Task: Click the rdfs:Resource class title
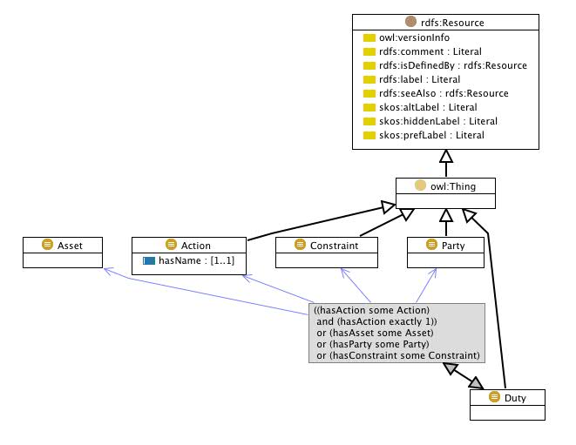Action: click(x=454, y=23)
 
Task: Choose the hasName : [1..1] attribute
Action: click(x=197, y=260)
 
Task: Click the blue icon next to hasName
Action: click(x=149, y=260)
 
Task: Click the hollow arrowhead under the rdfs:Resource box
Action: click(x=446, y=157)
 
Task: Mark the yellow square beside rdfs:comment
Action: click(x=369, y=51)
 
